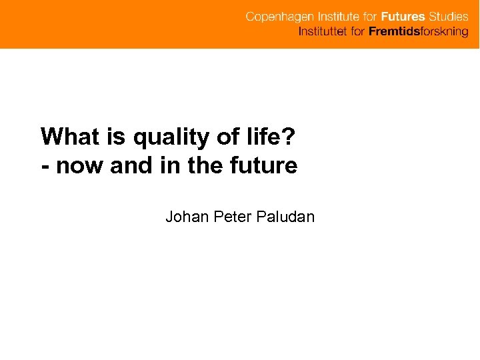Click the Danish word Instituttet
click(x=323, y=32)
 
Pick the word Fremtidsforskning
click(x=419, y=32)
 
